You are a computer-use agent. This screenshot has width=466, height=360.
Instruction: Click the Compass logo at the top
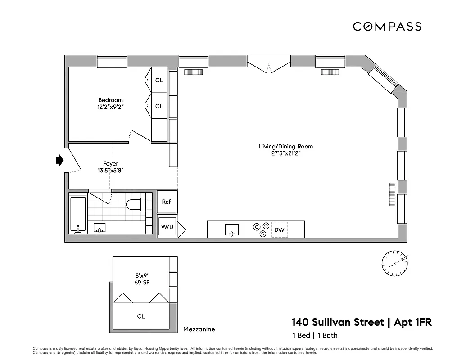[387, 27]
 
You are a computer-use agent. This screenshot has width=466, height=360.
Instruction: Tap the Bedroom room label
[110, 100]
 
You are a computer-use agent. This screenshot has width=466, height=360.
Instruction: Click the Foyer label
[110, 163]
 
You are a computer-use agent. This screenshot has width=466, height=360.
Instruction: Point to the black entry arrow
[59, 161]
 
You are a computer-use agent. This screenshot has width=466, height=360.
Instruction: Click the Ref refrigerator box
[167, 202]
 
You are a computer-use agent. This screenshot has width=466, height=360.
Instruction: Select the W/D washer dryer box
[167, 227]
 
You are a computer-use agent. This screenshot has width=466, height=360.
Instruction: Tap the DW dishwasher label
[279, 230]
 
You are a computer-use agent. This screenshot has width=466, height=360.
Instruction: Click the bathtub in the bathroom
[78, 215]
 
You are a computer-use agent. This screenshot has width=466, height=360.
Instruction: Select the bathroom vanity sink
[99, 228]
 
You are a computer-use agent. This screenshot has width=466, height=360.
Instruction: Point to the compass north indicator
[395, 262]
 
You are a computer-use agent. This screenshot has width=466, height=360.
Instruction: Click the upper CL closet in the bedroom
[159, 81]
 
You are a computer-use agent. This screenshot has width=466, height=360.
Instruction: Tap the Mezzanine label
[199, 329]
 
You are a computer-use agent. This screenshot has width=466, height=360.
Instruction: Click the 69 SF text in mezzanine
[141, 282]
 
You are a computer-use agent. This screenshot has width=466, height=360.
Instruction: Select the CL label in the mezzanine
[141, 316]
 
